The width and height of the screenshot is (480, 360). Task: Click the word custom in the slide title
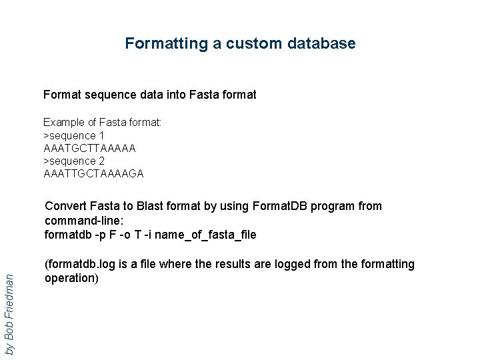pos(254,44)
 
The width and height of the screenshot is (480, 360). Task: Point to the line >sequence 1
pos(74,135)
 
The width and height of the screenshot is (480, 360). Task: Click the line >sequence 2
pos(74,161)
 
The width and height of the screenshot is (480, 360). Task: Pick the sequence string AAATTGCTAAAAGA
pos(93,174)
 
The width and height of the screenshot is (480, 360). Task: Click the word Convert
pos(65,206)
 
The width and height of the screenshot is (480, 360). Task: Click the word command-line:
pos(84,220)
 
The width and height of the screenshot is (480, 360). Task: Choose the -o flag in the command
pos(127,235)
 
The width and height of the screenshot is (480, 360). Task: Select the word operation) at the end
pos(72,278)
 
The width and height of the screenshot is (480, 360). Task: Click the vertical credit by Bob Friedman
pos(9,307)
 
